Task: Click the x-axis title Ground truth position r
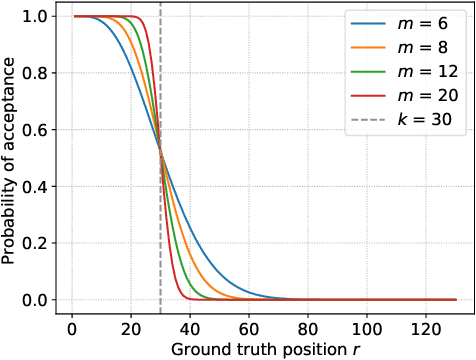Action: [251, 349]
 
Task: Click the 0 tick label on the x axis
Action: [71, 327]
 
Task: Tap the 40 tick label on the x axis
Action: [189, 327]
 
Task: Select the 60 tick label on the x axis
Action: [248, 327]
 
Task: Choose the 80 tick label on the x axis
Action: [307, 327]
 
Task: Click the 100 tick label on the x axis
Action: [366, 327]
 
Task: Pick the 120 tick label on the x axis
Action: [425, 327]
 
